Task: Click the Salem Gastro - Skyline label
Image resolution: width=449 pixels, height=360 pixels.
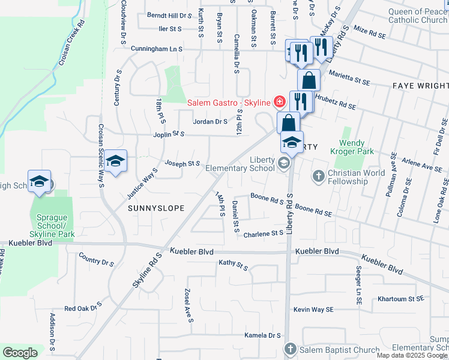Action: click(229, 103)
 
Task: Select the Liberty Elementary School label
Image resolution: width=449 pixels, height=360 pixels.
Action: click(240, 163)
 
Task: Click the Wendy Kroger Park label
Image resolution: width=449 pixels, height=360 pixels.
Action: click(356, 147)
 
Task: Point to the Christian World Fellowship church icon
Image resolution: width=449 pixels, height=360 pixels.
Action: click(318, 176)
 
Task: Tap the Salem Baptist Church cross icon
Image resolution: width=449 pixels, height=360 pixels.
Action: click(290, 349)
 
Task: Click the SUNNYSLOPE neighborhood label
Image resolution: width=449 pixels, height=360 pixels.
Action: click(155, 207)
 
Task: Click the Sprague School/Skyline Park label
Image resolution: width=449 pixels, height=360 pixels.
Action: click(52, 228)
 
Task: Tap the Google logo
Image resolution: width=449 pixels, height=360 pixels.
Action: click(20, 353)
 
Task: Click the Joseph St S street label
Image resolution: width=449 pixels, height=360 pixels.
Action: click(182, 163)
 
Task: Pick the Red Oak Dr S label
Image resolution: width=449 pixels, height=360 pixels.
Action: click(80, 308)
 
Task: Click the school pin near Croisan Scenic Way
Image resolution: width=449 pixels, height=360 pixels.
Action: click(115, 161)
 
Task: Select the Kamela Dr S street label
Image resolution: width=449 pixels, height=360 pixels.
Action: click(263, 335)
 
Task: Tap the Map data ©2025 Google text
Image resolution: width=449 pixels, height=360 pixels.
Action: click(412, 355)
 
